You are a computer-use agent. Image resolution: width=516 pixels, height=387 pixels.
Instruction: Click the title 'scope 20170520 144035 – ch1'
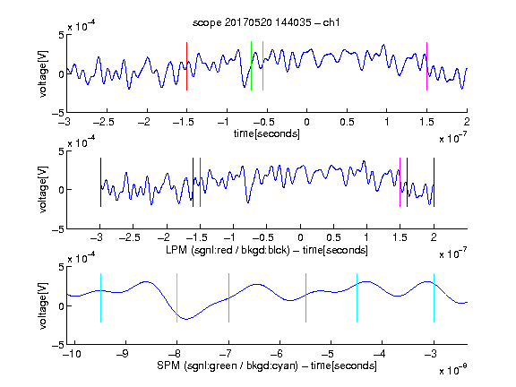click(x=266, y=22)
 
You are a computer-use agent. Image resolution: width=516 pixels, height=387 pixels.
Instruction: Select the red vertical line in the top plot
click(x=186, y=66)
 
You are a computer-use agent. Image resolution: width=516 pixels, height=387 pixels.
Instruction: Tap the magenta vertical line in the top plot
click(x=426, y=66)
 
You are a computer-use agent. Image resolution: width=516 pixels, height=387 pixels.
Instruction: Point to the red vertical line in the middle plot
click(x=200, y=183)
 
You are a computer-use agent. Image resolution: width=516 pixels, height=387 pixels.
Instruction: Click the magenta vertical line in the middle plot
click(x=400, y=183)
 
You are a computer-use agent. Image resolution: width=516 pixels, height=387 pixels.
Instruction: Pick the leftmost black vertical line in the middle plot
click(x=100, y=183)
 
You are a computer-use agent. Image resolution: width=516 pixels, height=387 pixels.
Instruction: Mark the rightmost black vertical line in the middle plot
click(x=434, y=183)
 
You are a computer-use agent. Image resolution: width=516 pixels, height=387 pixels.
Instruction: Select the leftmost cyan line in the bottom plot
click(x=100, y=297)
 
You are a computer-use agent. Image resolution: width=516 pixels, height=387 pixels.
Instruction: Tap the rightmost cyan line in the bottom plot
click(x=434, y=297)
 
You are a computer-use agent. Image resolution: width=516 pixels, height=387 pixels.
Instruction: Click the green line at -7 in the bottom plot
click(x=228, y=297)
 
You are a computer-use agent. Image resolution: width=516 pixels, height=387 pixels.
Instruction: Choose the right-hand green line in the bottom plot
click(x=305, y=297)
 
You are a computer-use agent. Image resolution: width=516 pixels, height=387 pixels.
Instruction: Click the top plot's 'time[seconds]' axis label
click(x=267, y=134)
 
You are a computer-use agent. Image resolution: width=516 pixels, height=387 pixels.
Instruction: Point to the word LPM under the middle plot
click(x=176, y=249)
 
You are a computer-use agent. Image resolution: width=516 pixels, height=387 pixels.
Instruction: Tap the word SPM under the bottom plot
click(x=168, y=365)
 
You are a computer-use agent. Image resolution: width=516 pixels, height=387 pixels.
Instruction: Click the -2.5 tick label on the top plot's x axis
click(x=104, y=122)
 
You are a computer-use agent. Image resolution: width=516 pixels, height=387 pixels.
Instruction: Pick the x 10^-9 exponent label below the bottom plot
click(x=453, y=369)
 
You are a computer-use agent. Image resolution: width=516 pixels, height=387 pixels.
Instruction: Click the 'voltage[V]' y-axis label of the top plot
click(x=43, y=73)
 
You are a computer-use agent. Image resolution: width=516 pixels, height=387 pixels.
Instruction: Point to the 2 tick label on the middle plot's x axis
click(x=434, y=236)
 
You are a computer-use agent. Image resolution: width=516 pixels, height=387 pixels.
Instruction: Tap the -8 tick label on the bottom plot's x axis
click(x=175, y=354)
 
